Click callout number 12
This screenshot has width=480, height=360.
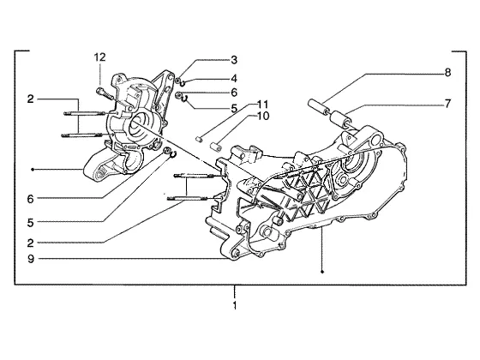[99, 57]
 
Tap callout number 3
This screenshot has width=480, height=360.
[234, 60]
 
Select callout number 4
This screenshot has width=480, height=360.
[234, 79]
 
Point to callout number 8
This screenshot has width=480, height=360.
[447, 73]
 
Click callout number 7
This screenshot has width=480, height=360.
[447, 104]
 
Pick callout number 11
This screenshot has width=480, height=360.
[262, 105]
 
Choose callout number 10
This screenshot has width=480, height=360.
[262, 116]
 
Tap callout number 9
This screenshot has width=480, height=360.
[31, 259]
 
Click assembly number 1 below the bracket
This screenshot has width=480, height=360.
[235, 305]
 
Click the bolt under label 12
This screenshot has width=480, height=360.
[105, 93]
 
